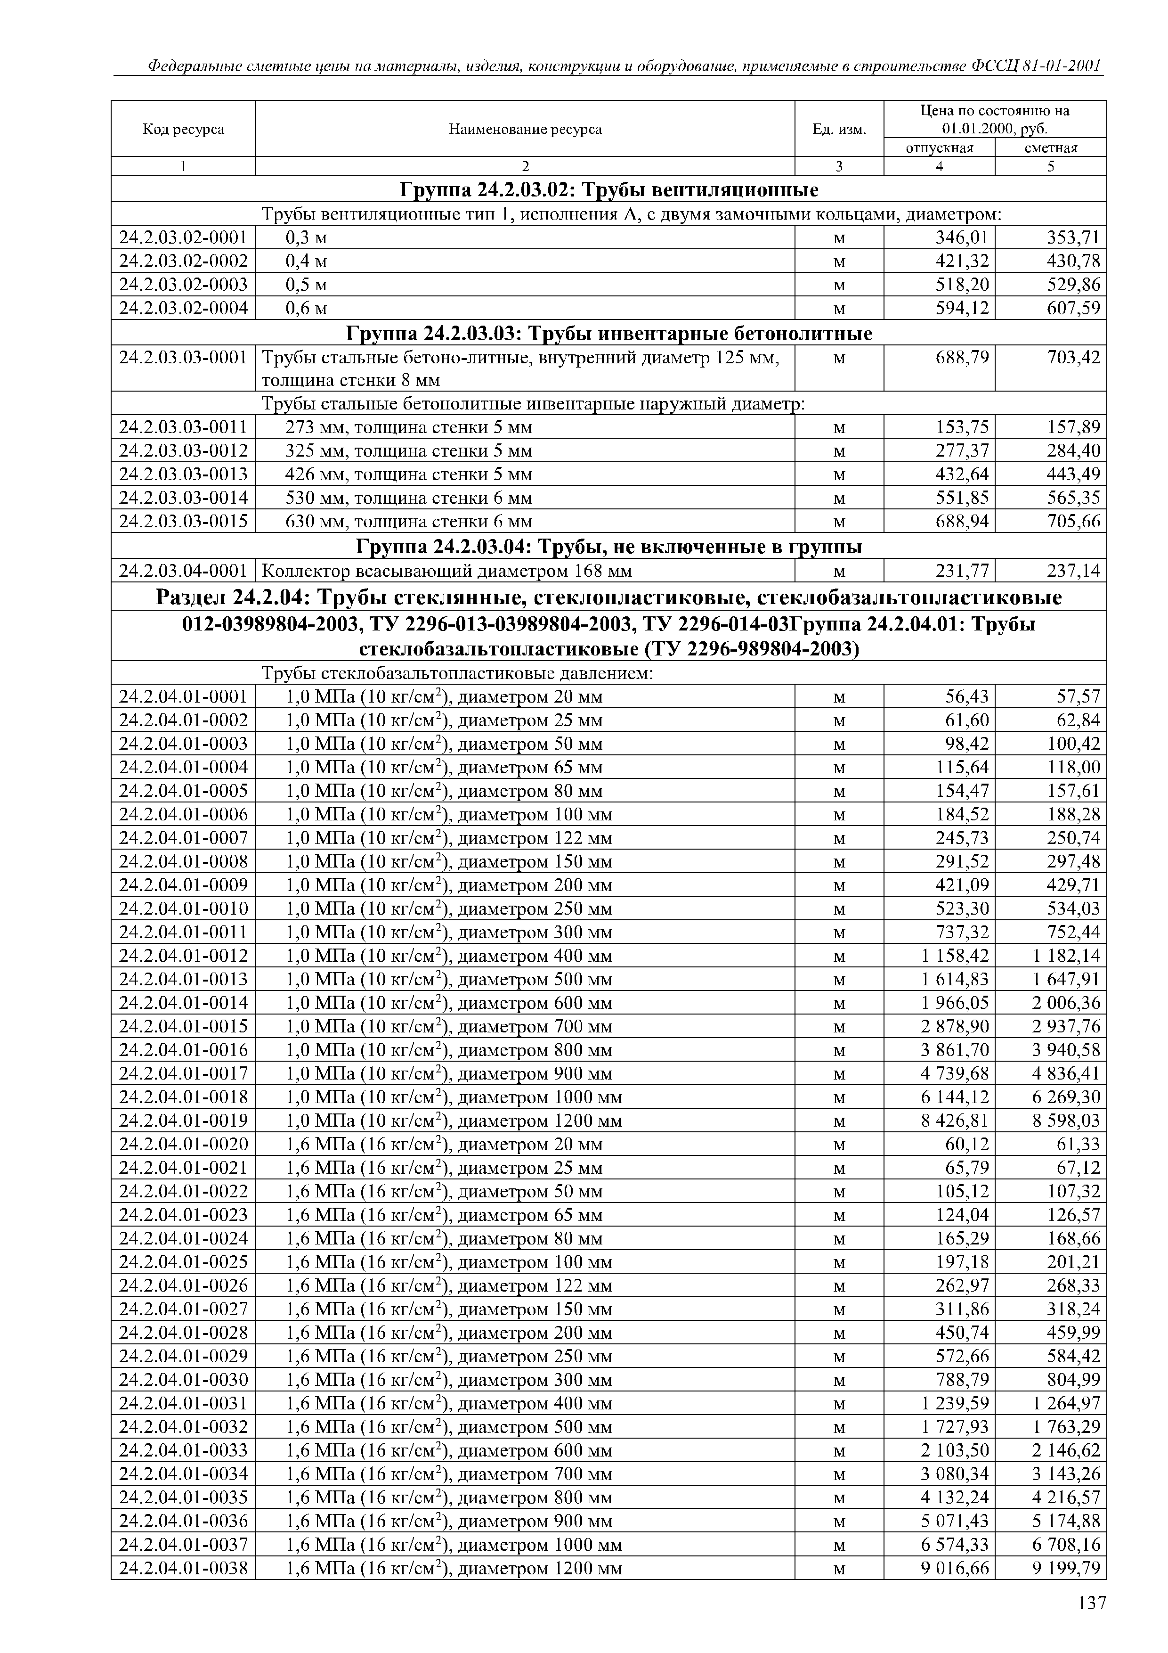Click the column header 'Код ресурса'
[184, 130]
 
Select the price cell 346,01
[961, 237]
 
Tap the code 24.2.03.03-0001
[184, 358]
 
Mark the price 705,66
[1073, 521]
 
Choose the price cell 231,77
[961, 572]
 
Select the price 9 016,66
[954, 1568]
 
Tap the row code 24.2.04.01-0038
[184, 1568]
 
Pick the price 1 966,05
[954, 1003]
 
